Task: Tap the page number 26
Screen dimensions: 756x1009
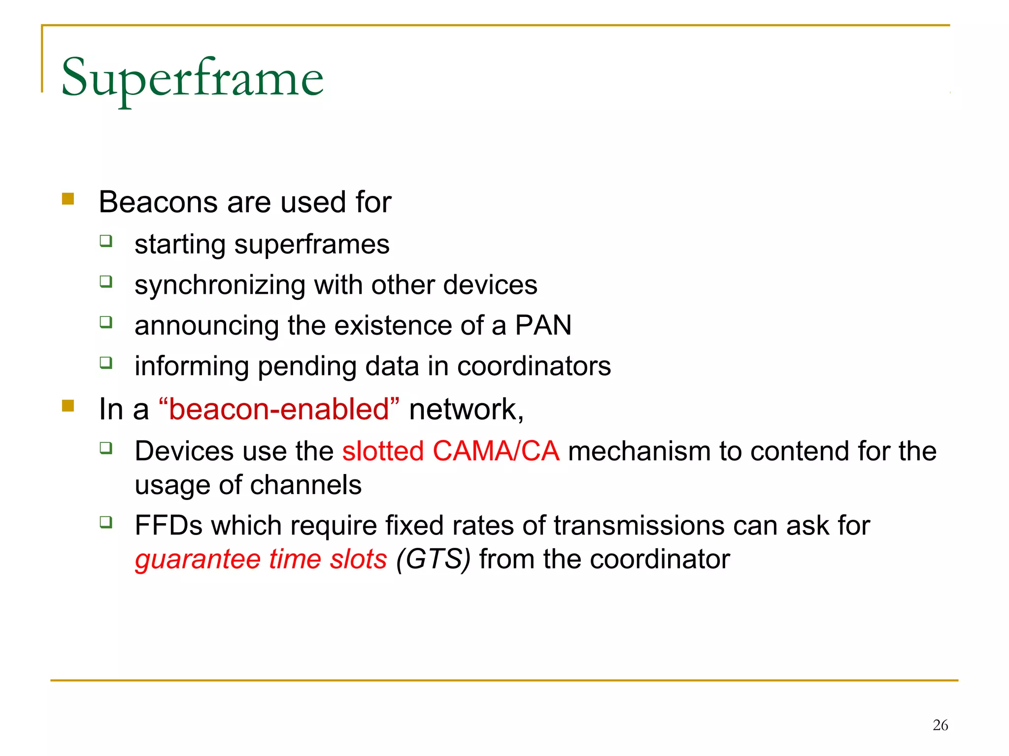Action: [x=940, y=725]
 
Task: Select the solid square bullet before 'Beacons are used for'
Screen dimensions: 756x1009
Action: [x=68, y=199]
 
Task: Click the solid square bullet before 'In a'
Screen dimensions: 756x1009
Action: [x=68, y=406]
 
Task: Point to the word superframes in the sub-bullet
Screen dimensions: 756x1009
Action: [x=311, y=245]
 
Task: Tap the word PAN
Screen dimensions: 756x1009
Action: [x=543, y=325]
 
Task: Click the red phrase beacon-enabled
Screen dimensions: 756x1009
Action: [x=279, y=409]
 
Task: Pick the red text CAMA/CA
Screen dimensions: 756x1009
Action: [x=496, y=451]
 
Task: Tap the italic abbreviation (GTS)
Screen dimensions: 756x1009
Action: [x=433, y=559]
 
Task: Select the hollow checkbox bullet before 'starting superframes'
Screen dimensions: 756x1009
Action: [x=106, y=241]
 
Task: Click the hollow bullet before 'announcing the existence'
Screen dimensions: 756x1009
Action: [x=106, y=322]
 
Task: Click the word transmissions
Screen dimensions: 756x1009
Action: [x=639, y=525]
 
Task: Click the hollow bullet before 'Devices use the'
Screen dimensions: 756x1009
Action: [x=106, y=447]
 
